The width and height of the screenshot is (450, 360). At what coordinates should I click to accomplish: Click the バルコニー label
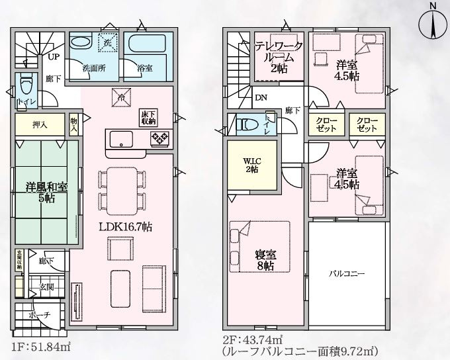coord(347,273)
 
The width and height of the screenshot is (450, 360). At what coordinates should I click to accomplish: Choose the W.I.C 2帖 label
coord(251,163)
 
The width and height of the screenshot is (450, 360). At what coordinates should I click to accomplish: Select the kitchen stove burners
coord(159,139)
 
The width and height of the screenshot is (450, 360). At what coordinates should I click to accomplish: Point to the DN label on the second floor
coord(261,98)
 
